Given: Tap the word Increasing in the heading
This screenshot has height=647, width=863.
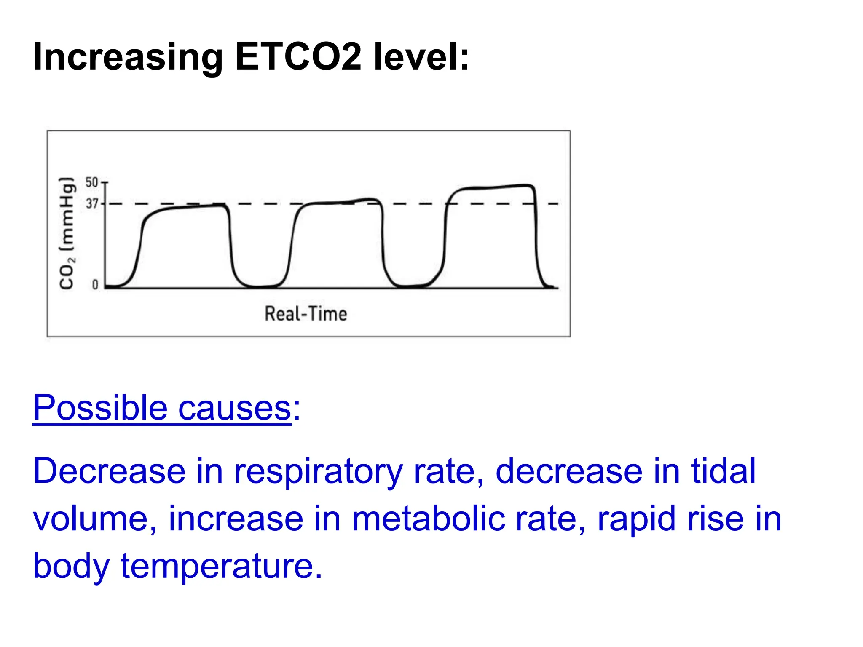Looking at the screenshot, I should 128,57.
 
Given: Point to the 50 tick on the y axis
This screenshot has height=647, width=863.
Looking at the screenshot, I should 92,182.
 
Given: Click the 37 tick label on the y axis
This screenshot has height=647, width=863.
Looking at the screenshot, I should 92,204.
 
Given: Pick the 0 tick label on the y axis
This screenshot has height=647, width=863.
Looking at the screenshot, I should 95,285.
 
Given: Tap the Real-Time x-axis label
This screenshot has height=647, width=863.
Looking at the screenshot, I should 306,314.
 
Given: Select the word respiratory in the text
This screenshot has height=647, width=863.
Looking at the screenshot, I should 319,472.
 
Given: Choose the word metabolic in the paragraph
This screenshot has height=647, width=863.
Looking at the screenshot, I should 428,519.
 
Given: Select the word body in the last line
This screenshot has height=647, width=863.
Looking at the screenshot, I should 71,567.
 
